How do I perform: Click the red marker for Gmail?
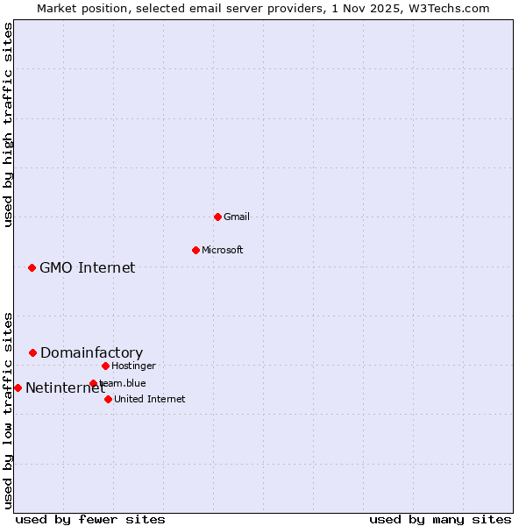tap(217, 217)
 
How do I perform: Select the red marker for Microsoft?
tap(195, 250)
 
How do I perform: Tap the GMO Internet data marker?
tap(32, 267)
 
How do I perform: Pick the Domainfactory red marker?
tap(32, 352)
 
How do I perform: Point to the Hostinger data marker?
tap(105, 366)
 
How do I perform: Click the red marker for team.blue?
tap(93, 383)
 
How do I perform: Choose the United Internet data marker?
tap(108, 399)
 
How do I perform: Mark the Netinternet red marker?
tap(18, 387)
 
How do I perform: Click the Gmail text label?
tap(237, 217)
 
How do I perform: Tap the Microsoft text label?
tap(223, 250)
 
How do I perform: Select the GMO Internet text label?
tap(88, 267)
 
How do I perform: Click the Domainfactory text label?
tap(91, 352)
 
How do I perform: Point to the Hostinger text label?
tap(133, 366)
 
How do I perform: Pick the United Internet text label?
tap(149, 399)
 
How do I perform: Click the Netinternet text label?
tap(65, 387)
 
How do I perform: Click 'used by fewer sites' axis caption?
tap(90, 519)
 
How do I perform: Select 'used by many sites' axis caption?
tap(440, 519)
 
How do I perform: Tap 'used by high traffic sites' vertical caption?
tap(8, 124)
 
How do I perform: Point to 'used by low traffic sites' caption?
tap(8, 410)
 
